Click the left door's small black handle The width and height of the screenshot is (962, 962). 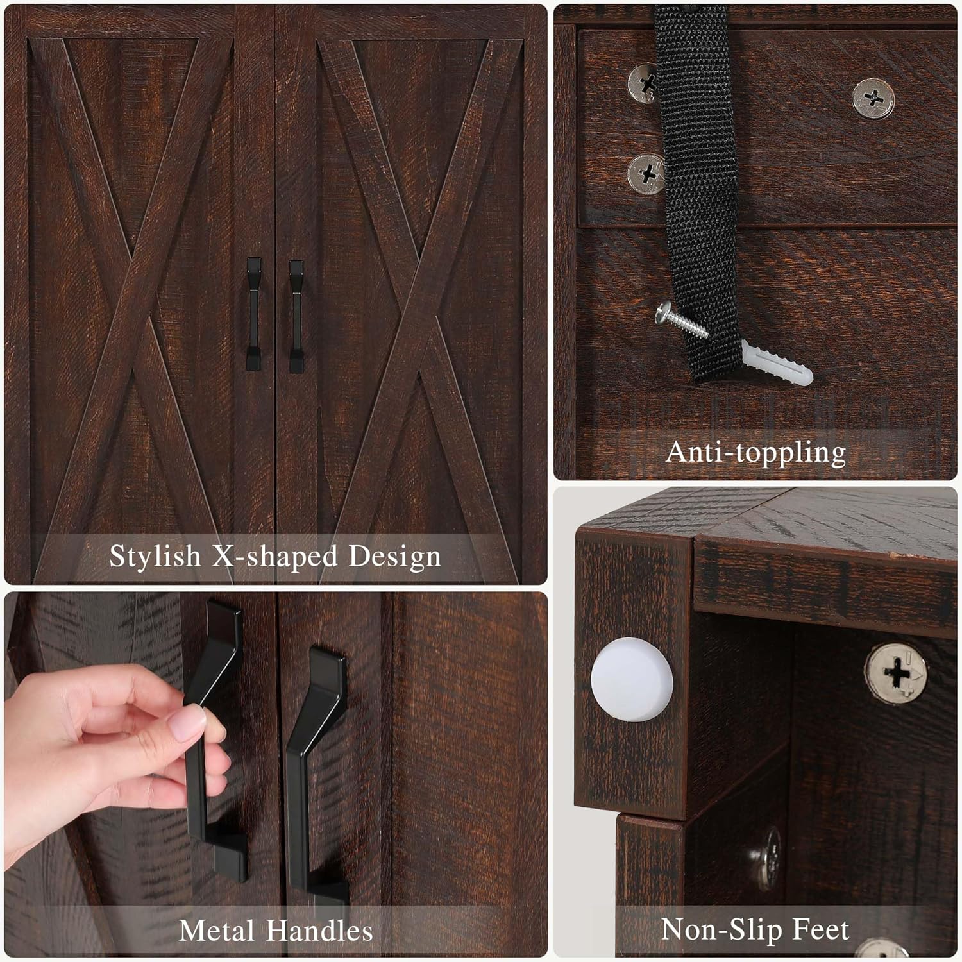[254, 314]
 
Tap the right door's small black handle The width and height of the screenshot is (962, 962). [296, 316]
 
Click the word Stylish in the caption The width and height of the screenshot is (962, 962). [155, 557]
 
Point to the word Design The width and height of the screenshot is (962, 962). [394, 557]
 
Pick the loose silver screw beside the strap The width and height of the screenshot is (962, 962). [682, 321]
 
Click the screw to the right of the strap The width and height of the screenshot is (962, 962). [873, 98]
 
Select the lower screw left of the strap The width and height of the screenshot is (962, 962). [646, 174]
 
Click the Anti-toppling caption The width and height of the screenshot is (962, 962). [755, 453]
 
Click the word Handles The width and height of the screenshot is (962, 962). [319, 931]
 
